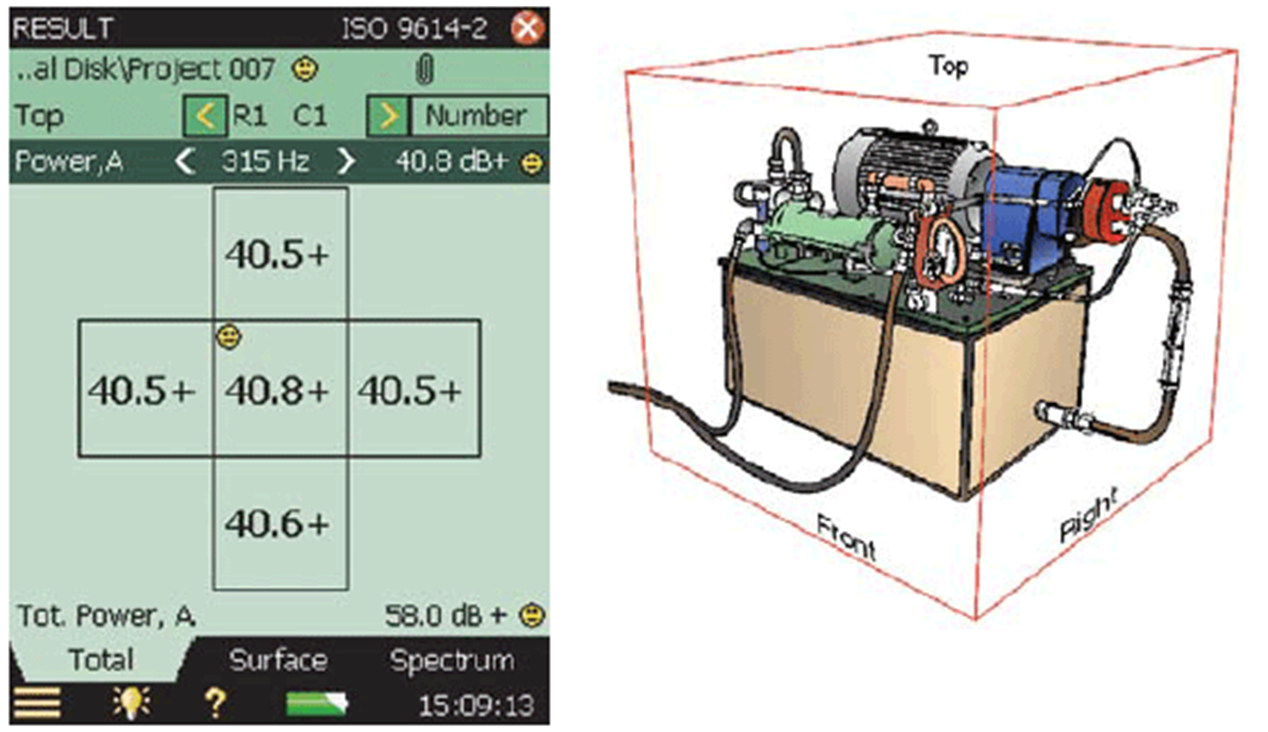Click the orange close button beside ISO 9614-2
pyautogui.click(x=528, y=28)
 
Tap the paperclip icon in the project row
pyautogui.click(x=426, y=70)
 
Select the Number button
pyautogui.click(x=476, y=116)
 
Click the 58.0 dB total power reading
pyautogui.click(x=445, y=616)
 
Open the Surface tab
pyautogui.click(x=278, y=661)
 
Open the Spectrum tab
pyautogui.click(x=452, y=661)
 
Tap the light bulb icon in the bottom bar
pyautogui.click(x=128, y=704)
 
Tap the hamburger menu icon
pyautogui.click(x=37, y=704)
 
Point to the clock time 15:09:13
pyautogui.click(x=475, y=705)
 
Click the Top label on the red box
pyautogui.click(x=948, y=66)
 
